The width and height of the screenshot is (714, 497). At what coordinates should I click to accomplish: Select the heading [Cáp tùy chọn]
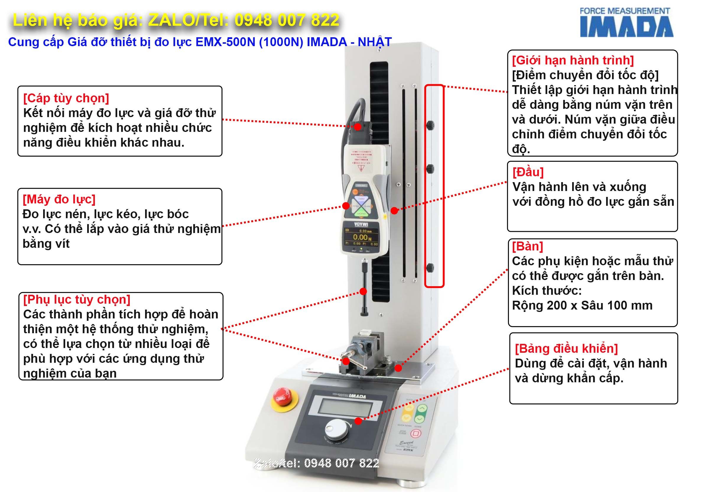pyautogui.click(x=66, y=98)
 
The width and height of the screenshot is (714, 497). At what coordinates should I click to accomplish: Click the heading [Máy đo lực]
pyautogui.click(x=59, y=199)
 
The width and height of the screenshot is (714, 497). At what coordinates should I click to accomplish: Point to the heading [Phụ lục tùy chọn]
pyautogui.click(x=77, y=300)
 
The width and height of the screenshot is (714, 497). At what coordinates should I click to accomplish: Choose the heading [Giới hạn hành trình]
pyautogui.click(x=573, y=60)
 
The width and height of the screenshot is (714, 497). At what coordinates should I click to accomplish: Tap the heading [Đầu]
pyautogui.click(x=528, y=172)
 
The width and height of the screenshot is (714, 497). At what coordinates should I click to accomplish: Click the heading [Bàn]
pyautogui.click(x=528, y=246)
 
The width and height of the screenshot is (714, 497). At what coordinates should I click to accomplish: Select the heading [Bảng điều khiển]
pyautogui.click(x=566, y=349)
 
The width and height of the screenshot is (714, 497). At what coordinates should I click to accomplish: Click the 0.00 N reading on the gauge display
pyautogui.click(x=362, y=237)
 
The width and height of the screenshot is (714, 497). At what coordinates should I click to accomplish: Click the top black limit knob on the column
pyautogui.click(x=430, y=125)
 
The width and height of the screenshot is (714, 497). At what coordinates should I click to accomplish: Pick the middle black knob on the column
pyautogui.click(x=430, y=169)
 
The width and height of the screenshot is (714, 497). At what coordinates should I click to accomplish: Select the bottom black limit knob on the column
pyautogui.click(x=430, y=268)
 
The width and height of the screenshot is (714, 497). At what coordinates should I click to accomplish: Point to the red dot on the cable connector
pyautogui.click(x=358, y=127)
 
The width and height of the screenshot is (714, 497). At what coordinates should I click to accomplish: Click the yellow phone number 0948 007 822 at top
pyautogui.click(x=287, y=20)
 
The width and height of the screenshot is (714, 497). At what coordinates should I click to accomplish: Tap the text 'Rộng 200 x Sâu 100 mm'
pyautogui.click(x=582, y=305)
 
